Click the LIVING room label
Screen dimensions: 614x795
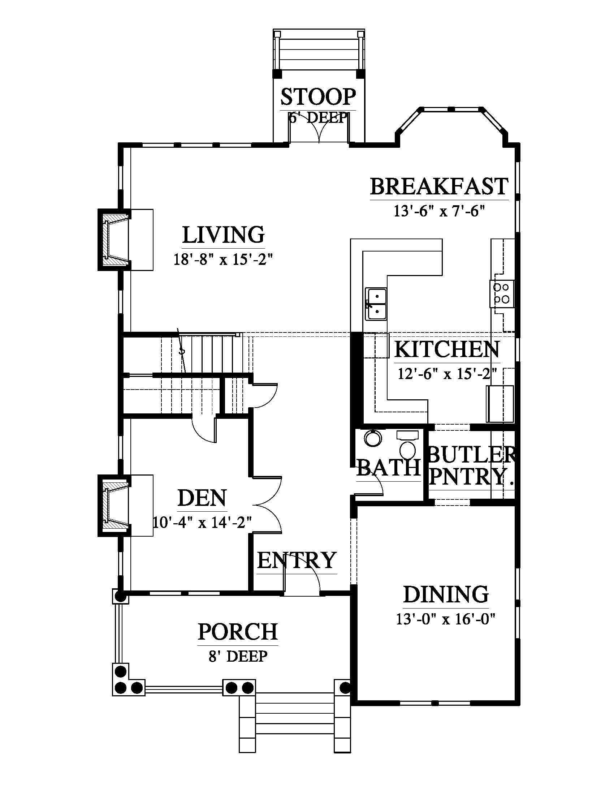[x=223, y=235]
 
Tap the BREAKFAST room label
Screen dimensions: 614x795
[x=439, y=186]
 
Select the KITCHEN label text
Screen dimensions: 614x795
[x=447, y=349]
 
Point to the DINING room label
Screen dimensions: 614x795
[x=446, y=594]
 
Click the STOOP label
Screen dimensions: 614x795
[x=318, y=97]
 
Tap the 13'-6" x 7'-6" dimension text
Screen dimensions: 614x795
[x=439, y=211]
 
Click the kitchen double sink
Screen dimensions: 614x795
[x=376, y=304]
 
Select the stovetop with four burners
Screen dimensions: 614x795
[x=501, y=293]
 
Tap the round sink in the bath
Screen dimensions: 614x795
[x=372, y=439]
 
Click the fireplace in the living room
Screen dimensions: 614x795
[x=114, y=240]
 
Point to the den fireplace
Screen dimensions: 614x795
[x=114, y=506]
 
